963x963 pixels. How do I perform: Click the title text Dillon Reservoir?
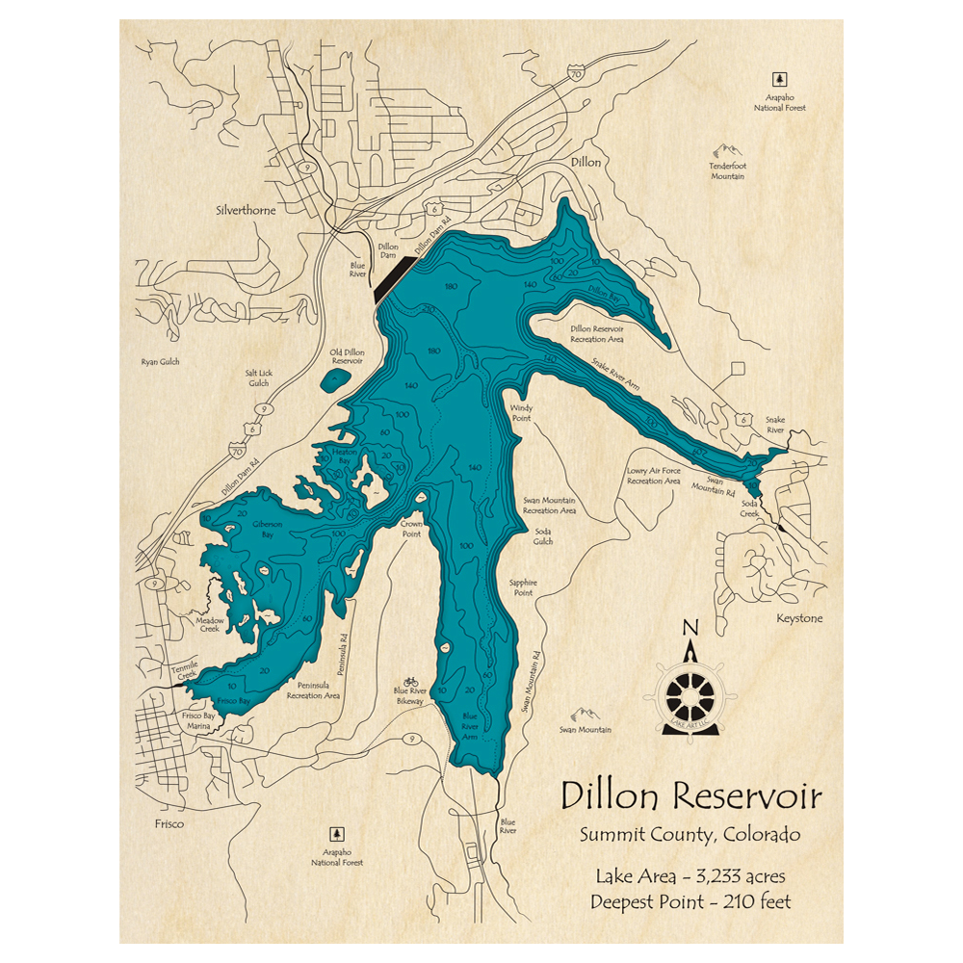coord(691,796)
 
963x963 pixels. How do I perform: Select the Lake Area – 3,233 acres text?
coord(691,876)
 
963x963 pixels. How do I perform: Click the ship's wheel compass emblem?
coord(691,691)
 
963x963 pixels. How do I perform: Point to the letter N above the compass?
coord(690,629)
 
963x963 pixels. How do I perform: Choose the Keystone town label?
coord(799,618)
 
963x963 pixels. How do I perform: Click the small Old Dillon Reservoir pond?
coord(334,378)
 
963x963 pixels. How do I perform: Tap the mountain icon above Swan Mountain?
coord(585,715)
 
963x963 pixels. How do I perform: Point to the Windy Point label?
coord(521,413)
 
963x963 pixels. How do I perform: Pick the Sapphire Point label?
coord(522,587)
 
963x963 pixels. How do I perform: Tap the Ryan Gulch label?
coord(160,362)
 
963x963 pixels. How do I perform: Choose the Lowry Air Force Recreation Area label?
coord(653,476)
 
